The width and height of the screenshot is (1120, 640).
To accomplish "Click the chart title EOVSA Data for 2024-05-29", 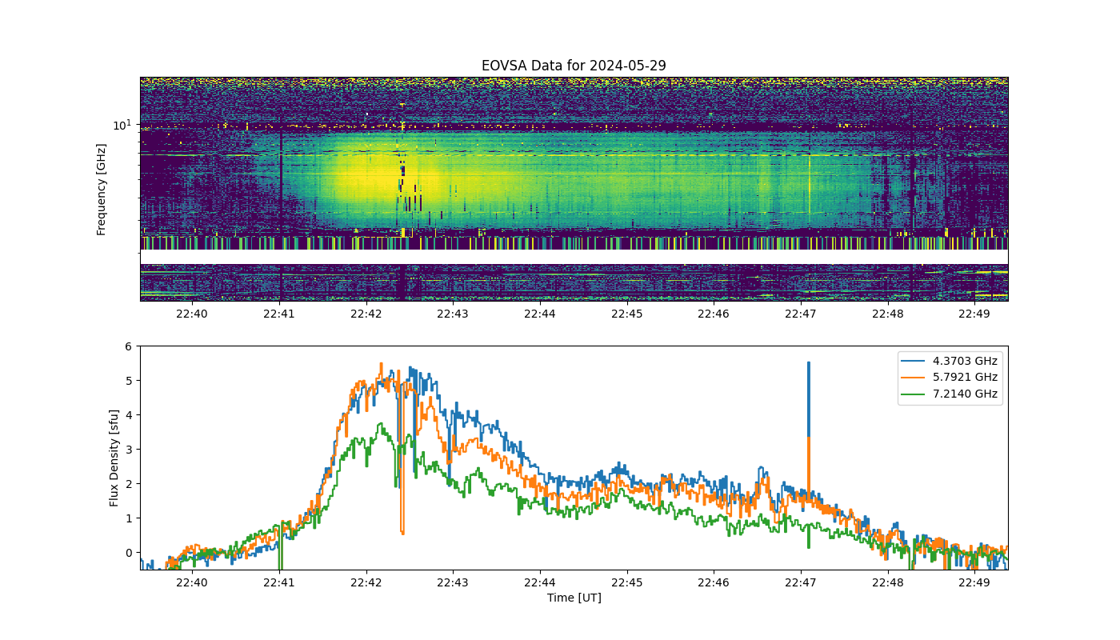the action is [574, 66].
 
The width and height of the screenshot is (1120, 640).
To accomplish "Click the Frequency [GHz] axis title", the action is [101, 190].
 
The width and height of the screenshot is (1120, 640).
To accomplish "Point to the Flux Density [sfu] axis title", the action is [114, 458].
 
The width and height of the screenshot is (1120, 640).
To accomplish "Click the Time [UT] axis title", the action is [574, 598].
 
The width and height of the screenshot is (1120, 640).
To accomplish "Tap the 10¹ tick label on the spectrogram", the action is [122, 125].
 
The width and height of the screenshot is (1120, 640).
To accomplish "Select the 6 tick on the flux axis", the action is [129, 346].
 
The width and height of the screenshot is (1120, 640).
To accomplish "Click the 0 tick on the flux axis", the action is [129, 553].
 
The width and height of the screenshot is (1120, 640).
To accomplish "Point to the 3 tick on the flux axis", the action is [129, 450].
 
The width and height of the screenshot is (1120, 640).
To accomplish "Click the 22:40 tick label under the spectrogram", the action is [192, 314].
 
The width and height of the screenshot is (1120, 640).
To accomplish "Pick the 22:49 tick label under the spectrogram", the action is [974, 314].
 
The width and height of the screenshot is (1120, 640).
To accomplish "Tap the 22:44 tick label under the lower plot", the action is [540, 583].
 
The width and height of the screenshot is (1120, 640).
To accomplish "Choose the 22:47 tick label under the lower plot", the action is [801, 583].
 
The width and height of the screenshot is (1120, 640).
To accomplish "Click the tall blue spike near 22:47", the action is [809, 399].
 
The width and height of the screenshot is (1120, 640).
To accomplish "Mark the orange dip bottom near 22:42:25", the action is [402, 534].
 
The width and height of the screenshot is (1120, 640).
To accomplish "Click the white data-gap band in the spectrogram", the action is [574, 257].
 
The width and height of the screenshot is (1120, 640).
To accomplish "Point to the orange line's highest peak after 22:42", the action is [382, 363].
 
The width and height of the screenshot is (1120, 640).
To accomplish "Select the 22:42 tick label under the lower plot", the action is [366, 583].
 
